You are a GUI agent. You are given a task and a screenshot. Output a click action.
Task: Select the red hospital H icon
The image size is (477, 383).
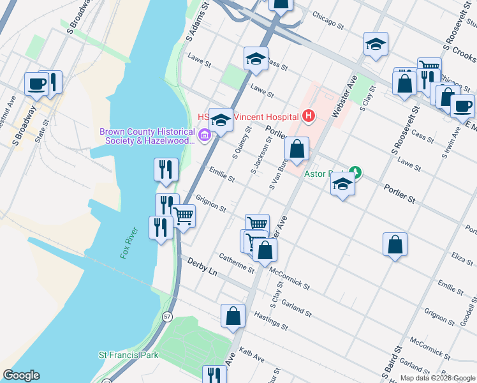(x=309, y=116)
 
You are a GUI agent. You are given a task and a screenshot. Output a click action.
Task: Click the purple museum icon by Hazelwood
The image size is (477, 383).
(x=205, y=135)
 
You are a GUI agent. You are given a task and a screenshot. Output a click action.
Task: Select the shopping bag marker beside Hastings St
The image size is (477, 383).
(x=233, y=315)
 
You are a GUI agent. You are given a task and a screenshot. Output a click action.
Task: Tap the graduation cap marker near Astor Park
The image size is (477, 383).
(x=343, y=184)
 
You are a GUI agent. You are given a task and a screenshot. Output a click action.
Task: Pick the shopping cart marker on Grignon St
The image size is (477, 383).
(x=184, y=216)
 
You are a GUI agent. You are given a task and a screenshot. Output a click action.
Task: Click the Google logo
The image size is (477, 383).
(x=21, y=375)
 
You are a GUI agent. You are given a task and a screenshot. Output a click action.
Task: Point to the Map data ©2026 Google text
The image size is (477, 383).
(x=437, y=378)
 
